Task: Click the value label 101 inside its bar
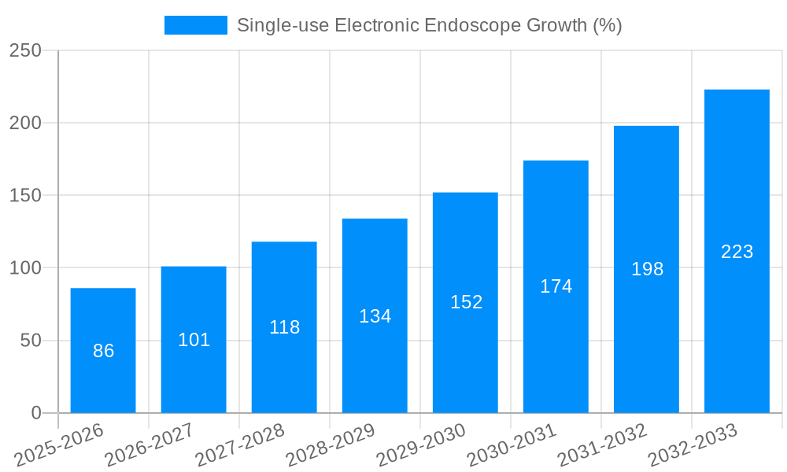pyautogui.click(x=194, y=340)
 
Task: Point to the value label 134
pyautogui.click(x=375, y=316)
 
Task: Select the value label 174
pyautogui.click(x=556, y=286)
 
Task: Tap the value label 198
pyautogui.click(x=647, y=269)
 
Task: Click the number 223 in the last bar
pyautogui.click(x=737, y=252)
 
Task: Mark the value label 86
pyautogui.click(x=103, y=351)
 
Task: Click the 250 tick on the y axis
pyautogui.click(x=25, y=50)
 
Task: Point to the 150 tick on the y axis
pyautogui.click(x=25, y=195)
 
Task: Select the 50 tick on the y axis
pyautogui.click(x=31, y=341)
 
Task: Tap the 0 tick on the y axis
pyautogui.click(x=36, y=413)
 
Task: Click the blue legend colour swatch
pyautogui.click(x=195, y=25)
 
